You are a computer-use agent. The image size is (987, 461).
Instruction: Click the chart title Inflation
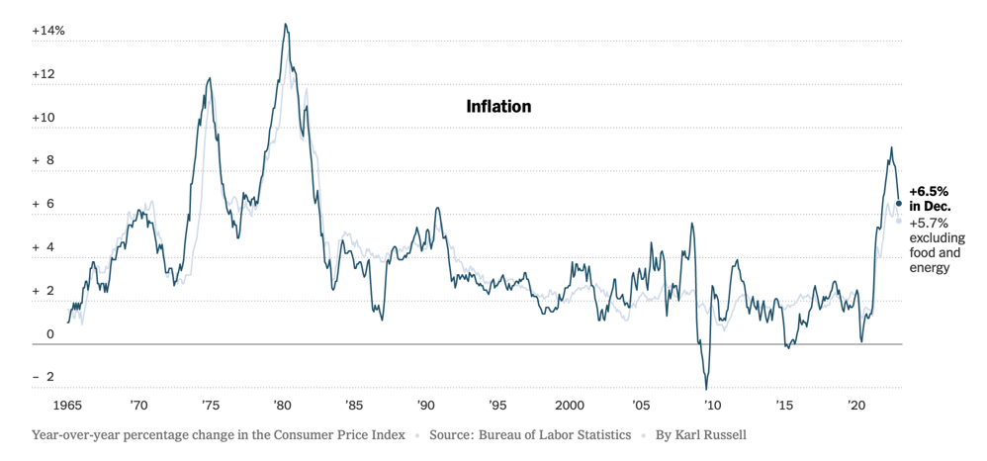click(x=498, y=106)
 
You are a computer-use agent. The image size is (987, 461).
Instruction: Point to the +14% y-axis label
click(x=48, y=31)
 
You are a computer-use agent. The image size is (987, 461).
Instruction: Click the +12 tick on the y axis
click(x=48, y=74)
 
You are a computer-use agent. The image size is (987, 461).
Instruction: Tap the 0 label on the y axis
click(x=50, y=334)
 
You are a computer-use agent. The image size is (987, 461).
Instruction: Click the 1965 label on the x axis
click(x=68, y=406)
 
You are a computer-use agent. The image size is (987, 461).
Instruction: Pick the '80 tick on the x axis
click(x=282, y=406)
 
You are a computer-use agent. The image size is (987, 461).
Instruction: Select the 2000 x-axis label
click(x=569, y=406)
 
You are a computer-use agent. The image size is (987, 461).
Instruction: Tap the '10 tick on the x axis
click(x=712, y=406)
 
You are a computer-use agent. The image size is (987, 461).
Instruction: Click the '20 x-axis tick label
click(x=856, y=406)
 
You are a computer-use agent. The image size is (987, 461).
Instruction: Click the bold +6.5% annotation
click(x=929, y=191)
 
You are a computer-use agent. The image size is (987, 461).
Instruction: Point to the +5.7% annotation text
click(x=929, y=224)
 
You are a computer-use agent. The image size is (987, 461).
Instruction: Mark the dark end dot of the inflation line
click(x=899, y=204)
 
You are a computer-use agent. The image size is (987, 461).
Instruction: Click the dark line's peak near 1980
click(x=286, y=25)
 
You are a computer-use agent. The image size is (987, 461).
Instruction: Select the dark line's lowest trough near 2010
click(x=706, y=388)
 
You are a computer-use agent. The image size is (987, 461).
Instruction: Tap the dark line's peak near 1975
click(x=209, y=79)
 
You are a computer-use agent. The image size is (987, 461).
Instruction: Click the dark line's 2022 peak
click(x=891, y=148)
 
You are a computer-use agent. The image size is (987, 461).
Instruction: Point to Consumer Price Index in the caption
click(x=333, y=434)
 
